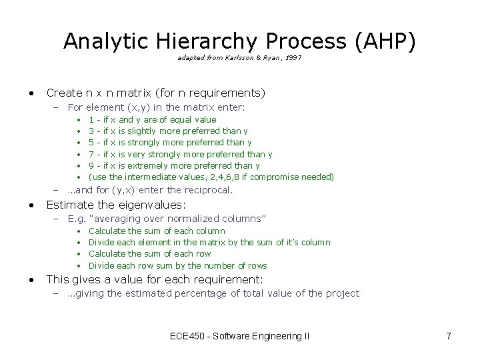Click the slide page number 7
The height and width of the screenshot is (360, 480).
click(x=449, y=337)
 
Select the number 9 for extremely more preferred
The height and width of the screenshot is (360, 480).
click(x=91, y=165)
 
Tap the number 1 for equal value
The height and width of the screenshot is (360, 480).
click(x=91, y=120)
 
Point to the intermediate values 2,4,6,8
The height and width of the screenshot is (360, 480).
click(x=226, y=177)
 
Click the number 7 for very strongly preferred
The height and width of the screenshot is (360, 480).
click(x=91, y=154)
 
